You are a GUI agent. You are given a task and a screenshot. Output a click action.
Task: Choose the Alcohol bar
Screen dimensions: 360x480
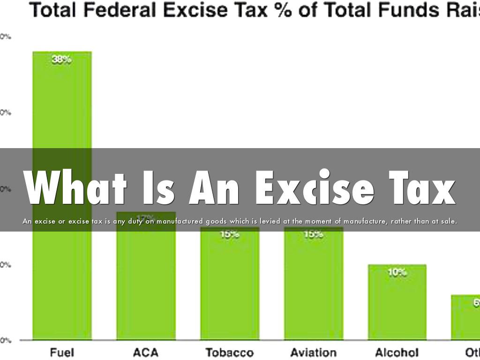[397, 305]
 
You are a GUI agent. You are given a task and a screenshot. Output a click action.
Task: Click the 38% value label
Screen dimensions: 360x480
[62, 60]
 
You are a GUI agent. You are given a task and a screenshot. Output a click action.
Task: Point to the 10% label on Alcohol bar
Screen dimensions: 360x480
[397, 272]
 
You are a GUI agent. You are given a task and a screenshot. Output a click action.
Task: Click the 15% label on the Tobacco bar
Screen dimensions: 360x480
[230, 234]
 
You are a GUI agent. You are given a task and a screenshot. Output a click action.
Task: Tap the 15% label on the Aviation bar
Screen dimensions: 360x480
[313, 234]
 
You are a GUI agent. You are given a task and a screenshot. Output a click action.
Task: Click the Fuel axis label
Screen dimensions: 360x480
[62, 352]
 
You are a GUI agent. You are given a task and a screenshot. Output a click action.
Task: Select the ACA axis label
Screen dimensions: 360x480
[146, 352]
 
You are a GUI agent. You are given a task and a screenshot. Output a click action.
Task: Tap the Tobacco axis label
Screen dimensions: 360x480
[230, 352]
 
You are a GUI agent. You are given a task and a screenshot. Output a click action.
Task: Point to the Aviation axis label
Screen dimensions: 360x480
[313, 352]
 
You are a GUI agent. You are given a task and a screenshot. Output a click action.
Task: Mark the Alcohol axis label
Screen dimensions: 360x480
[397, 352]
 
